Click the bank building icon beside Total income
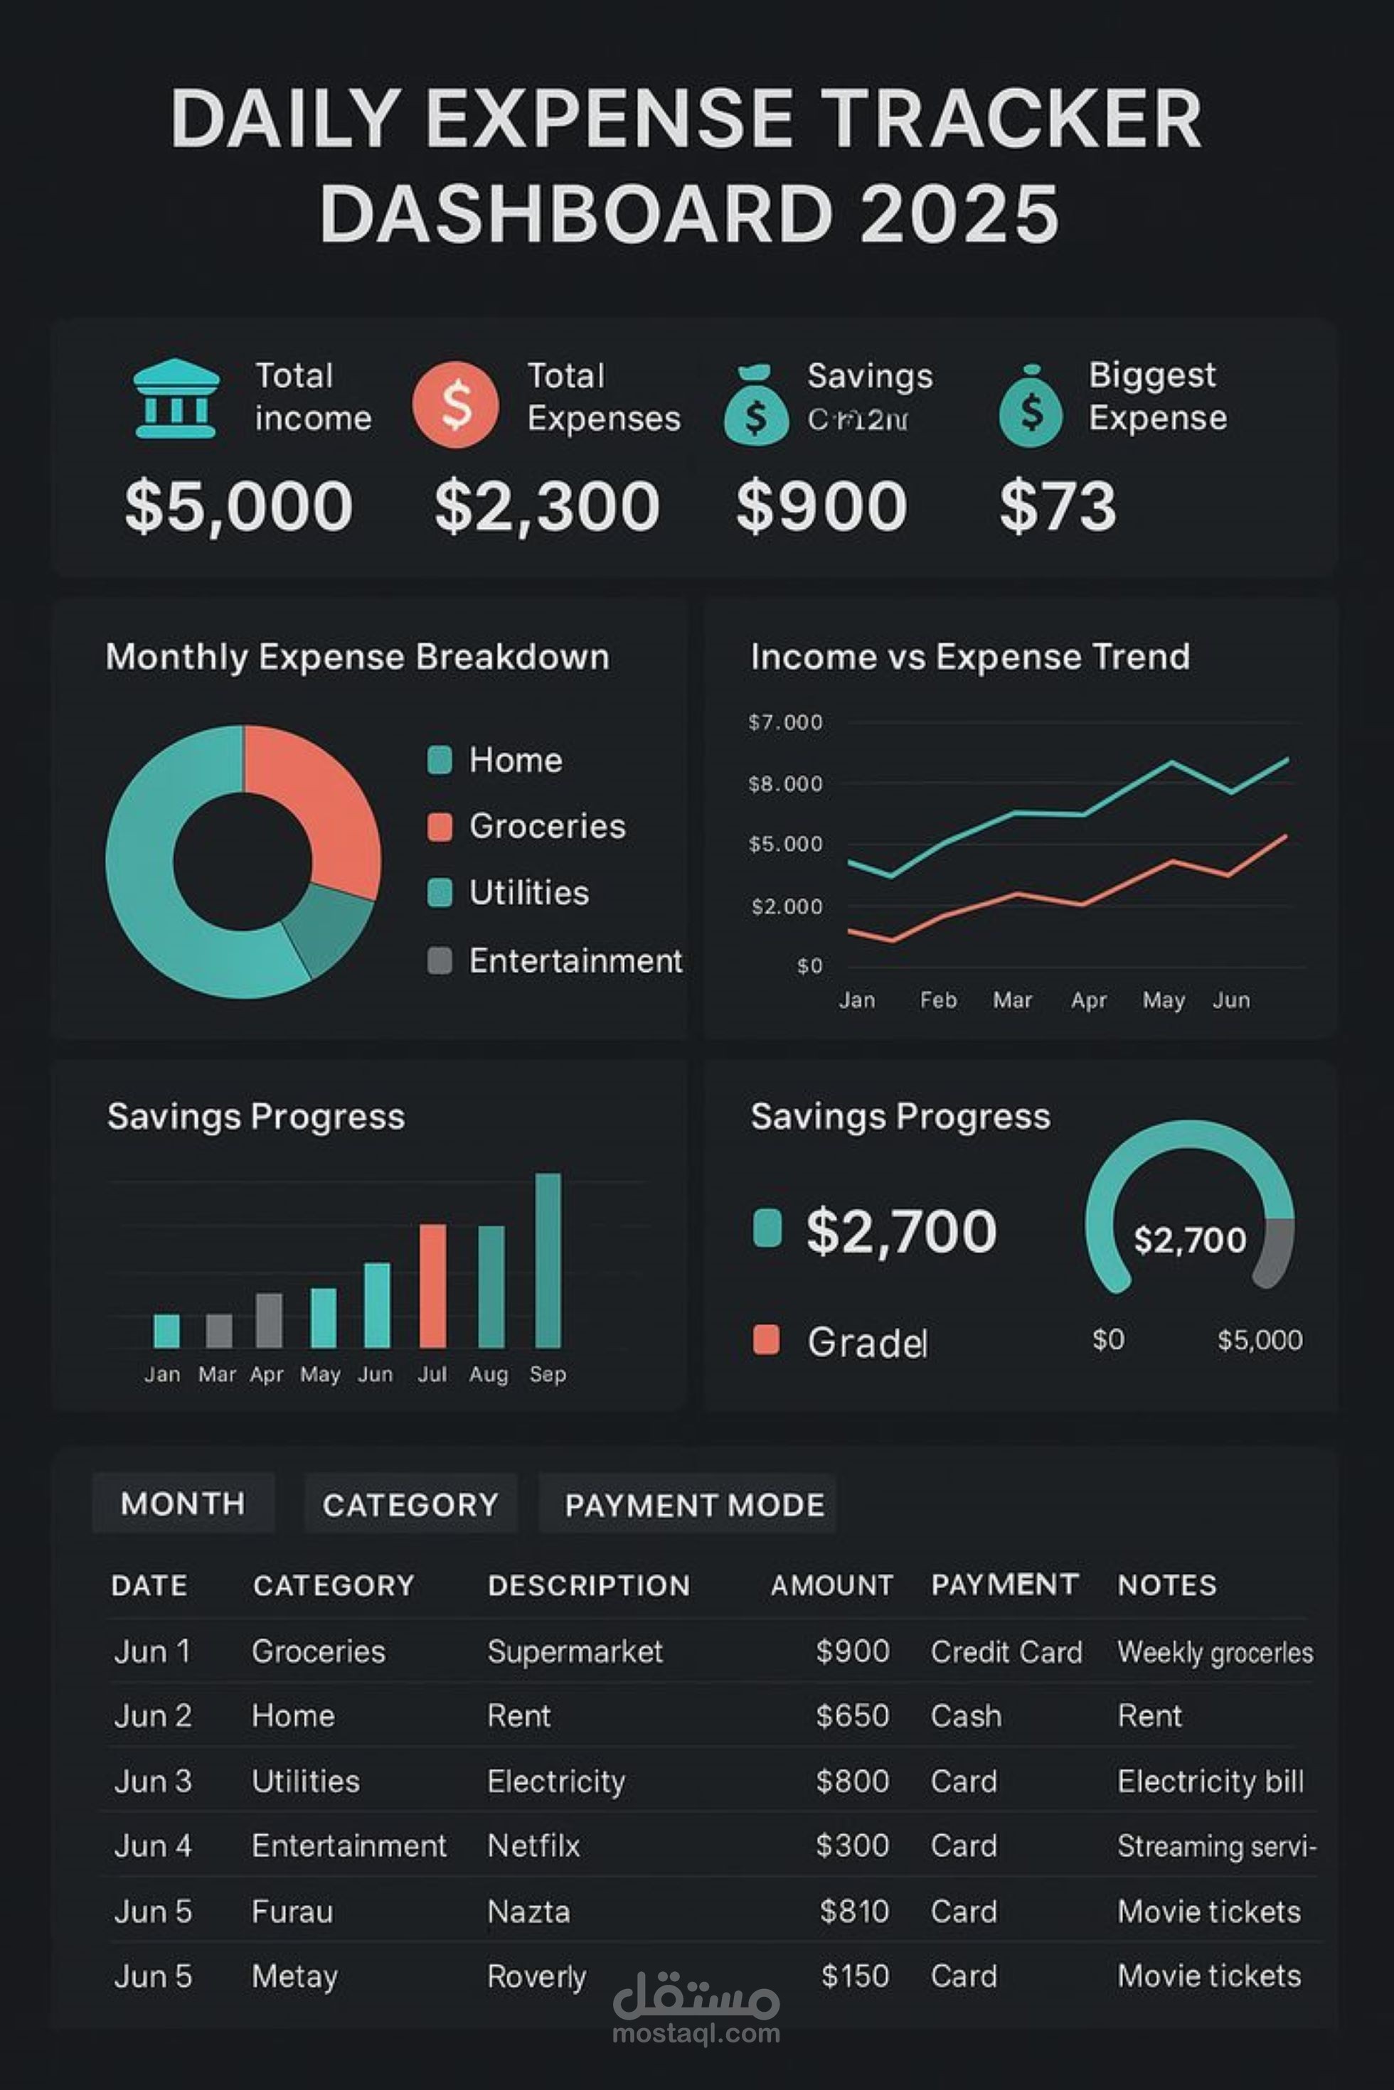click(176, 399)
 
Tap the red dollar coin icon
click(456, 404)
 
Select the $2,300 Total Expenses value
click(547, 506)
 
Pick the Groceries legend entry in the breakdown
click(547, 826)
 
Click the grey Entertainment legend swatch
click(440, 960)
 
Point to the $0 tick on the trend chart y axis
click(809, 966)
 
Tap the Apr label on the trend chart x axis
click(1088, 1001)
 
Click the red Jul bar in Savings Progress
click(433, 1285)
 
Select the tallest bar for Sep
click(548, 1260)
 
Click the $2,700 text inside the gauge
click(1189, 1240)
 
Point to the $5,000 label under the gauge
click(1260, 1340)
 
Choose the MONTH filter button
click(183, 1504)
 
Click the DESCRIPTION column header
click(589, 1585)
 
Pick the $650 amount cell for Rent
click(853, 1716)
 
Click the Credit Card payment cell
click(1006, 1652)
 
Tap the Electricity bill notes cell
click(1210, 1781)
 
